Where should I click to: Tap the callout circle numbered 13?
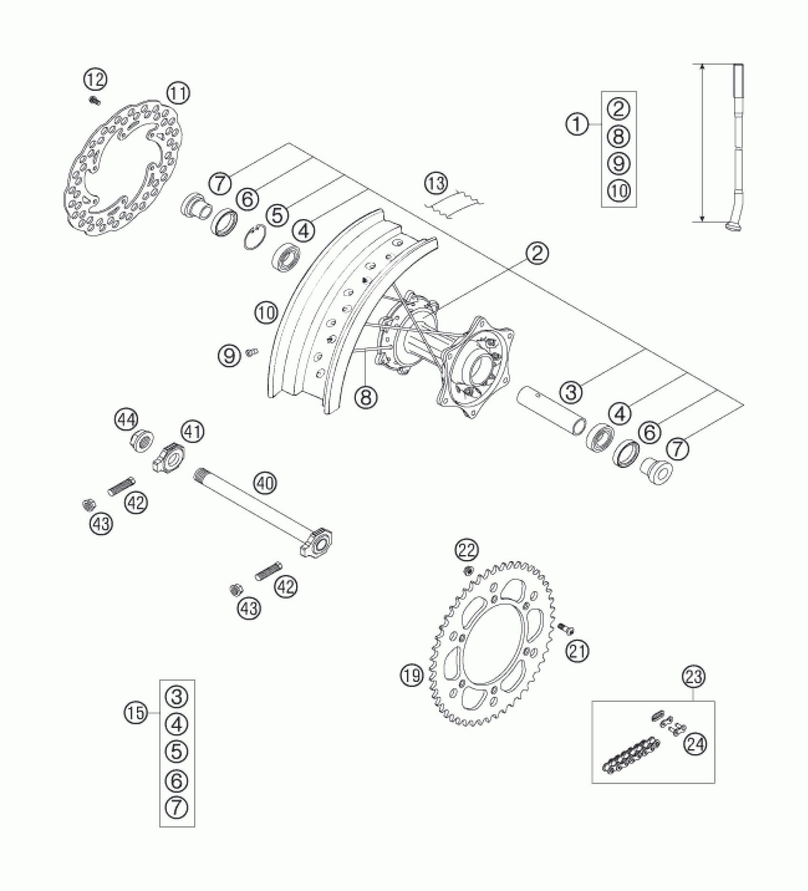(x=436, y=184)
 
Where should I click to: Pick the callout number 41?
(x=192, y=432)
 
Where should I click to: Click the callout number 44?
(x=126, y=420)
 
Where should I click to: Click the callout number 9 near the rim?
(x=230, y=355)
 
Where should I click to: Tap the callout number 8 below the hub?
(x=365, y=397)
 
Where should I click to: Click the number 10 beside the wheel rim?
(x=266, y=313)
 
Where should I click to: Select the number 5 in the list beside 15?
(x=176, y=751)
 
